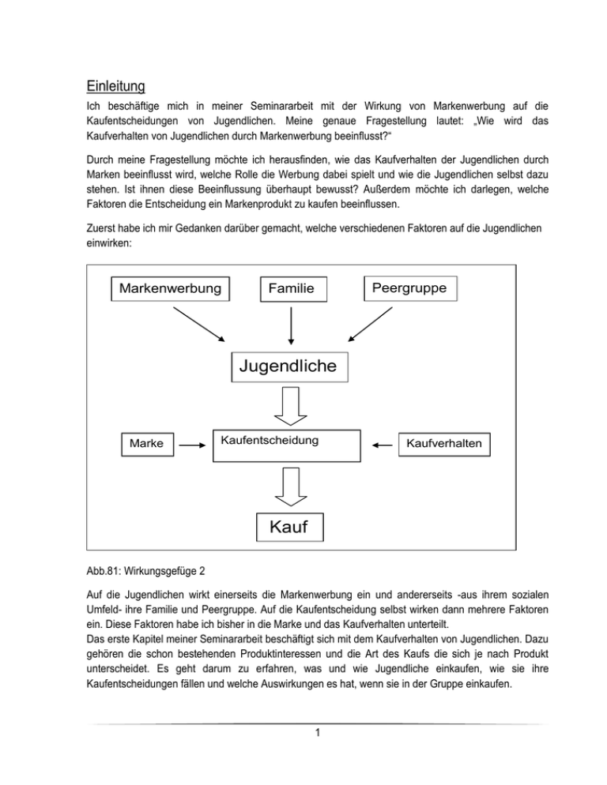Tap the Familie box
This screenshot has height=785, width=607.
coord(292,290)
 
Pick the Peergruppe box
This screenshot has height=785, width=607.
coord(409,288)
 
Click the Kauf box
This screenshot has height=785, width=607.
coord(291,525)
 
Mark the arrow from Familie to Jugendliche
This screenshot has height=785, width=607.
coord(292,325)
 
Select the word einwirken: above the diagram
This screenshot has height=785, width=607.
coord(104,245)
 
